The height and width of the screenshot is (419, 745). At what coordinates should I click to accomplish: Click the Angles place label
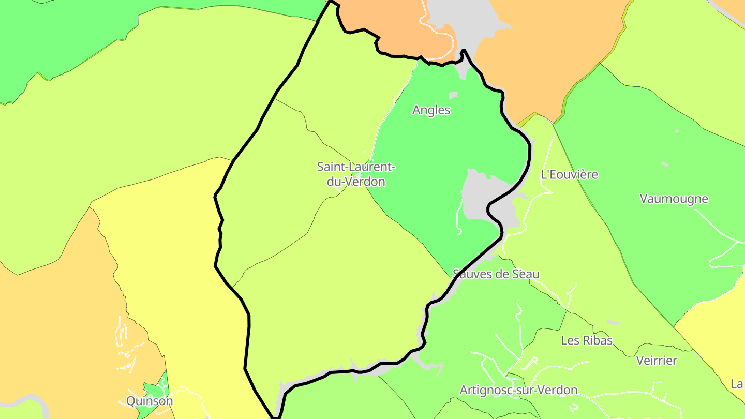pyautogui.click(x=431, y=110)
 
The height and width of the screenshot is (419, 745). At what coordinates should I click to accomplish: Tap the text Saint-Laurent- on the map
pyautogui.click(x=356, y=167)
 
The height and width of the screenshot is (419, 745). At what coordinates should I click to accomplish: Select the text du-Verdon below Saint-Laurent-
pyautogui.click(x=356, y=182)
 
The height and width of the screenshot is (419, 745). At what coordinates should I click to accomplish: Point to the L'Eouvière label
pyautogui.click(x=569, y=175)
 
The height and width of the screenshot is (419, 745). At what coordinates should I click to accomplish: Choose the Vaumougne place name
pyautogui.click(x=674, y=199)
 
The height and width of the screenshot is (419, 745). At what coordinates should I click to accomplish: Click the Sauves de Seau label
pyautogui.click(x=496, y=274)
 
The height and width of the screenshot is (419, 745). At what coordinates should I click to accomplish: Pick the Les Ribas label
pyautogui.click(x=587, y=340)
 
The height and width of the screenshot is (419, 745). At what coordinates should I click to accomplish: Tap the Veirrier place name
pyautogui.click(x=657, y=361)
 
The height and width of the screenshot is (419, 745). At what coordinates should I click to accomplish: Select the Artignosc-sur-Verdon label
pyautogui.click(x=518, y=390)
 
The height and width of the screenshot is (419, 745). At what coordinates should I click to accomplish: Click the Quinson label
pyautogui.click(x=150, y=401)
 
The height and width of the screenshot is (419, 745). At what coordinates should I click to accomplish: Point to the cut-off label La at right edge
pyautogui.click(x=737, y=384)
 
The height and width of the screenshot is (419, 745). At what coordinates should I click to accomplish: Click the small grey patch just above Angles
pyautogui.click(x=453, y=95)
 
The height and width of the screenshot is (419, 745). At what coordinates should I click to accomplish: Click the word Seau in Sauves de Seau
pyautogui.click(x=526, y=274)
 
